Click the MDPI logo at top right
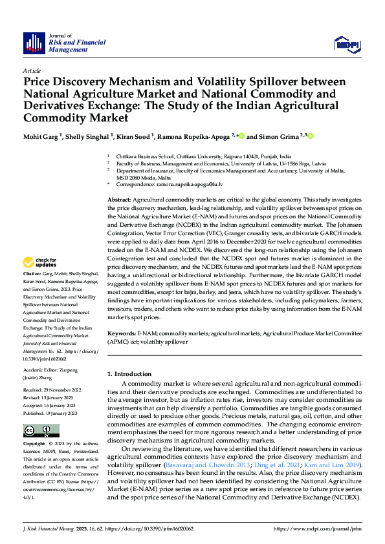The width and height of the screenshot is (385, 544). point(345,43)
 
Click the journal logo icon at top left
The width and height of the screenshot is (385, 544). point(33,43)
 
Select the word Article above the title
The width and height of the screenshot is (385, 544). point(32,70)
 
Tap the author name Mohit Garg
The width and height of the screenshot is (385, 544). point(41,136)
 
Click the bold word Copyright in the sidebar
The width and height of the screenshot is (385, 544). point(34,445)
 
